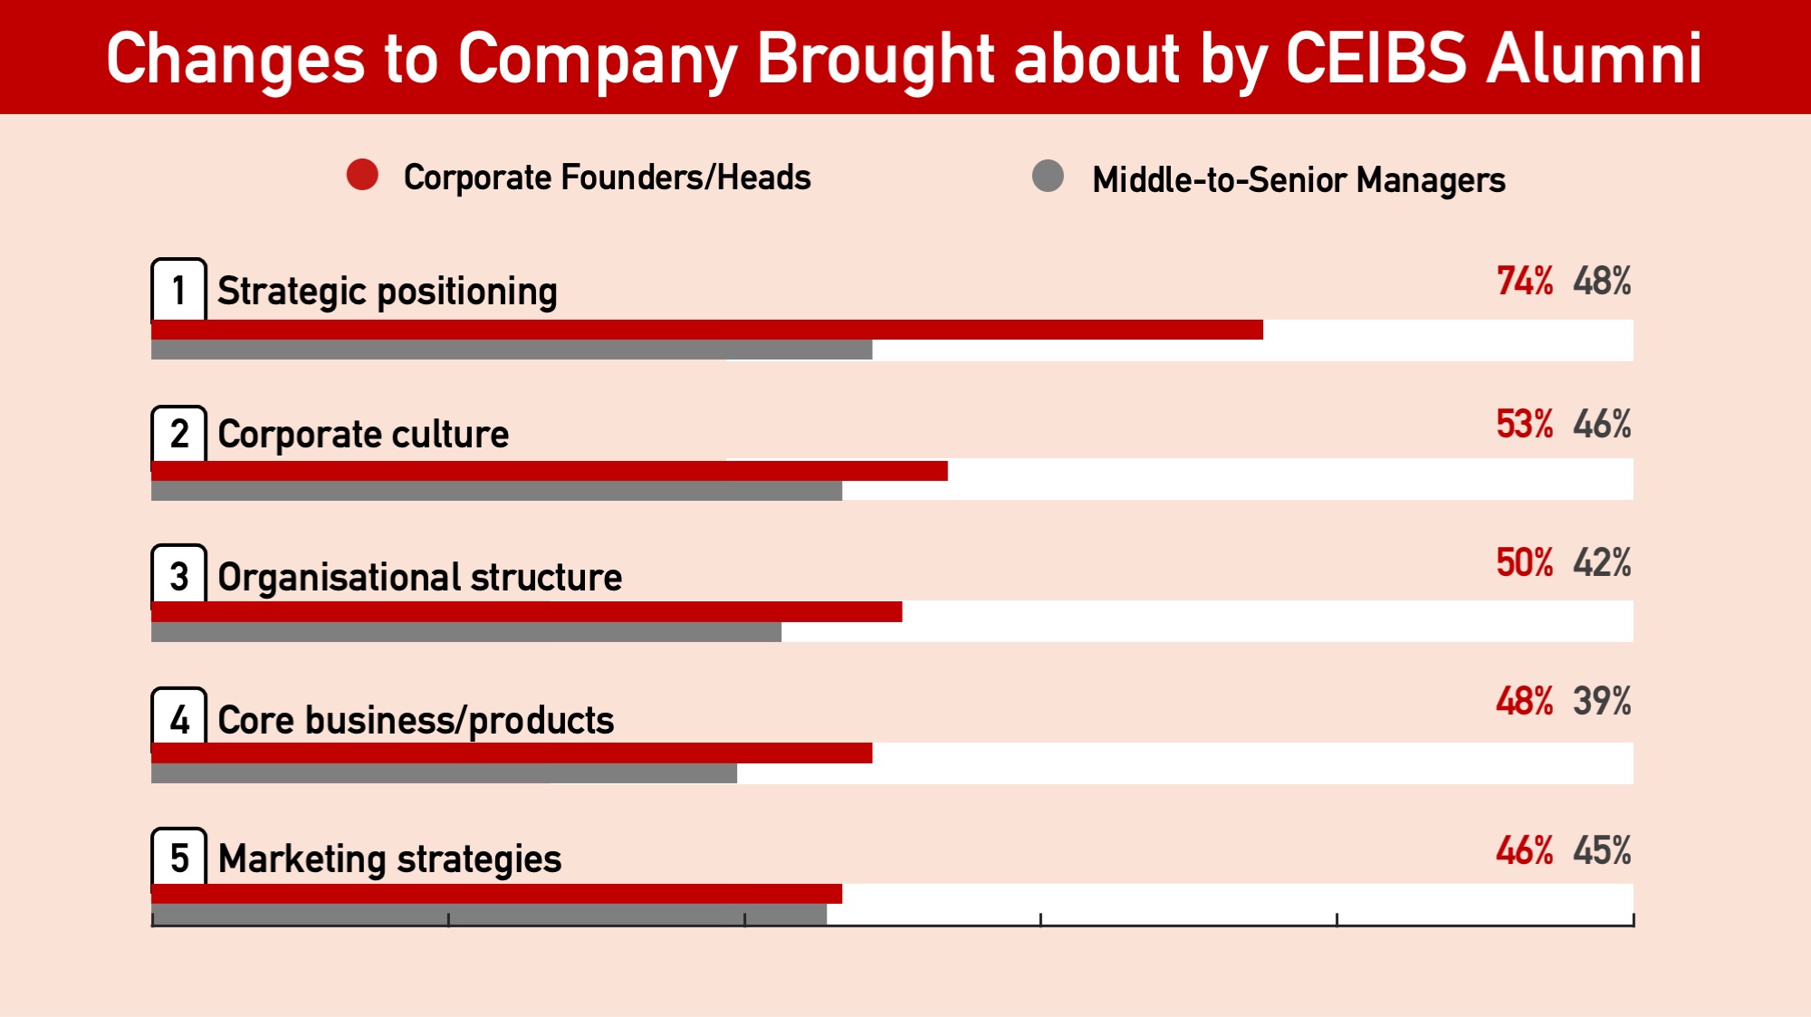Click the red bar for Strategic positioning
(706, 330)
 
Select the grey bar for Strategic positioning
(512, 350)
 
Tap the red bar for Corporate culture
(549, 471)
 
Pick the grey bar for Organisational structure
(466, 632)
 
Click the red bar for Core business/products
(512, 753)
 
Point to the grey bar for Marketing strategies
(489, 914)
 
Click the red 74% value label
(1524, 282)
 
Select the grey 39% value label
(1602, 702)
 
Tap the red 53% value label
(1524, 425)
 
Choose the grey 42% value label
(1602, 563)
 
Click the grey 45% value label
(1602, 851)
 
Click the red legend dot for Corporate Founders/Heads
(362, 175)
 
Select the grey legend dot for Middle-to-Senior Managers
(1048, 176)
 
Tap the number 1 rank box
(178, 291)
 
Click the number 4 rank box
(178, 720)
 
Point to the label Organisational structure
(419, 578)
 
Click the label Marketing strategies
(389, 859)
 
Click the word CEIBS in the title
(1375, 59)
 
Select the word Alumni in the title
(1595, 59)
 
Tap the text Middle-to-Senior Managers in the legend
(1298, 180)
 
